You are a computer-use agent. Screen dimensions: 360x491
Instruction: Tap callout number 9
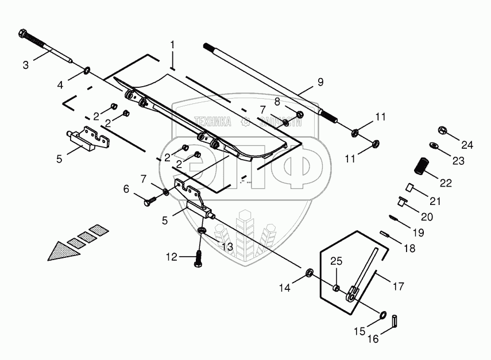tap(320, 82)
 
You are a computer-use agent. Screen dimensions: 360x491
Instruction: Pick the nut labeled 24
tap(443, 131)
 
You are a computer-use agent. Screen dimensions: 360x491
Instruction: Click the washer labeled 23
tap(434, 146)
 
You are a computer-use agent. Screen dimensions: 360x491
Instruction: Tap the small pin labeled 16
tap(396, 320)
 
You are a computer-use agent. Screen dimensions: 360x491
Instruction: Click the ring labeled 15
tap(382, 315)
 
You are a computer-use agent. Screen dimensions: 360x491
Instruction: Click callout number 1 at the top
tap(172, 44)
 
